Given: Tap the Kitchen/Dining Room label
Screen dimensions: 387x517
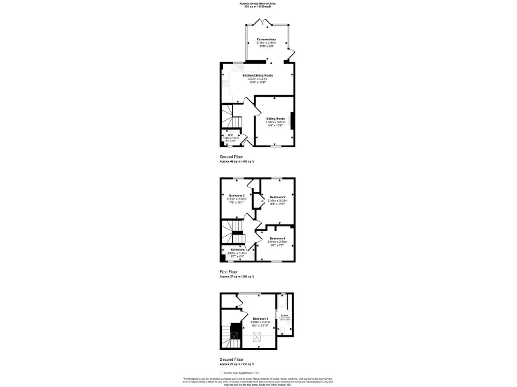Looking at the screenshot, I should (x=257, y=75).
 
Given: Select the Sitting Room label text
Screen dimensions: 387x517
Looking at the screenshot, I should (x=275, y=118).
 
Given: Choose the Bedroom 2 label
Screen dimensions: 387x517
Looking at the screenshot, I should (x=277, y=197).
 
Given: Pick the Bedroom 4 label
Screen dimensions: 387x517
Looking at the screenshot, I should (x=277, y=239).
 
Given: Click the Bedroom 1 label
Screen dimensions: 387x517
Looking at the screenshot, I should (x=260, y=318).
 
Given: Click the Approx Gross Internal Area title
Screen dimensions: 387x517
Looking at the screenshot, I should (x=258, y=3).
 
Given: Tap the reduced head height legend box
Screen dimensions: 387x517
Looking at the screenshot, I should (x=221, y=372).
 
